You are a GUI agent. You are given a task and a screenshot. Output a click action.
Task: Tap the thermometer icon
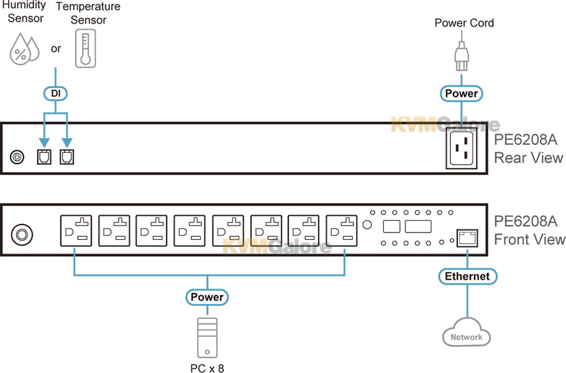(86, 48)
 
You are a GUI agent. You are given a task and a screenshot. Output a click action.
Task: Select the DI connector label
(55, 93)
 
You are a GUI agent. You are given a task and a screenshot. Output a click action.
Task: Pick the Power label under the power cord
(462, 93)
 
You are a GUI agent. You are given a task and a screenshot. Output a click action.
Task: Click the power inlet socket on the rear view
(462, 148)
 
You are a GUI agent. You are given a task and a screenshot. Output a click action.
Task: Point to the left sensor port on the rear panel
(44, 157)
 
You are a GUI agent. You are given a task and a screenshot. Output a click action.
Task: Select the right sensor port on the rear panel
(66, 157)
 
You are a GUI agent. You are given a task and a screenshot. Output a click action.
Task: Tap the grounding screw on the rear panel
(17, 157)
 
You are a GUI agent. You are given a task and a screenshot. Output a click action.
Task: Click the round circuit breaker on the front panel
(22, 235)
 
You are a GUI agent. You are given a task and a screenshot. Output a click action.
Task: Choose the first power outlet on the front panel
(76, 231)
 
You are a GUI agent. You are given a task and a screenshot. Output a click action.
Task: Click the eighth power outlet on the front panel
(342, 231)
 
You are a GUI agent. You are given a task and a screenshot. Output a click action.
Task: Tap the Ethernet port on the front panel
(467, 238)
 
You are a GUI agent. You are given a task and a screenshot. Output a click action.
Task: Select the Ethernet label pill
(467, 276)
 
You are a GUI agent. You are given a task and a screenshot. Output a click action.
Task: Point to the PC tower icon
(207, 338)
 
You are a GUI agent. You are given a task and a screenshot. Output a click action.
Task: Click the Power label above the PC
(207, 297)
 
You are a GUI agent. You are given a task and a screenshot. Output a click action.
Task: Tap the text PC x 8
(207, 368)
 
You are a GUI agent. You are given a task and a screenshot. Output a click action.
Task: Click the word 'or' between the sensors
(56, 48)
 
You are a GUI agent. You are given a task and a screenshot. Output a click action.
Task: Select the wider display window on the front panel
(418, 226)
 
